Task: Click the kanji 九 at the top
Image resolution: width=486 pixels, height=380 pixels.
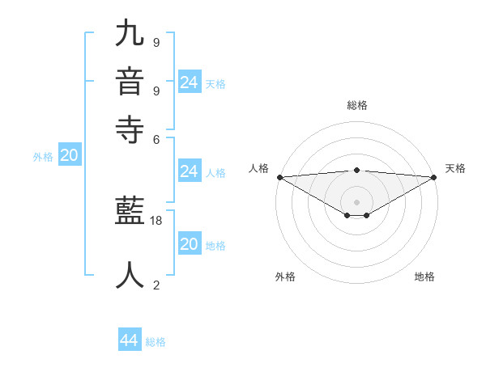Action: tap(130, 34)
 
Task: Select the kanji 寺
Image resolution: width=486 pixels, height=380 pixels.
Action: tap(130, 129)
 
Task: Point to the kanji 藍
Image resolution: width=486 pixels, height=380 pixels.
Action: tap(130, 213)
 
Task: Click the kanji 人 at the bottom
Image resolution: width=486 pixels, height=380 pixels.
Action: tap(130, 274)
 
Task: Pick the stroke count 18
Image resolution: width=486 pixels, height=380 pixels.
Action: tap(156, 220)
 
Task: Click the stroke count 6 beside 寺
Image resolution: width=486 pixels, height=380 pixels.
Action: tap(156, 138)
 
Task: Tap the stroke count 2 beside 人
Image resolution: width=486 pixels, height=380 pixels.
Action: tap(156, 284)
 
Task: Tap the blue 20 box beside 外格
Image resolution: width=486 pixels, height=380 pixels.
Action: tap(69, 156)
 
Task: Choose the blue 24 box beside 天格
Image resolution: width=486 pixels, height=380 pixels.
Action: tap(190, 82)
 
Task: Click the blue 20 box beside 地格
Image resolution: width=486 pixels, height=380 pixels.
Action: tap(189, 244)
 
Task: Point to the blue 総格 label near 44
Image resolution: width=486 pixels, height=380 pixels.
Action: tap(156, 342)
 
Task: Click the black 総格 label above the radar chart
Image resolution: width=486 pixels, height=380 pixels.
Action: tap(356, 105)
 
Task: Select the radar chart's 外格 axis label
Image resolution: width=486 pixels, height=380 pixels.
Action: tap(285, 277)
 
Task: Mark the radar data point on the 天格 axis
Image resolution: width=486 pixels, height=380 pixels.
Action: tap(433, 177)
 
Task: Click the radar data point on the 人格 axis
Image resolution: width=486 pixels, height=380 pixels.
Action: tap(279, 177)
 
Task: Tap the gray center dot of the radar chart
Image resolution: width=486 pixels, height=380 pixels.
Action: tap(356, 201)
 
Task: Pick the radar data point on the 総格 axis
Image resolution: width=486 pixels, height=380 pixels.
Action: tap(356, 170)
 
